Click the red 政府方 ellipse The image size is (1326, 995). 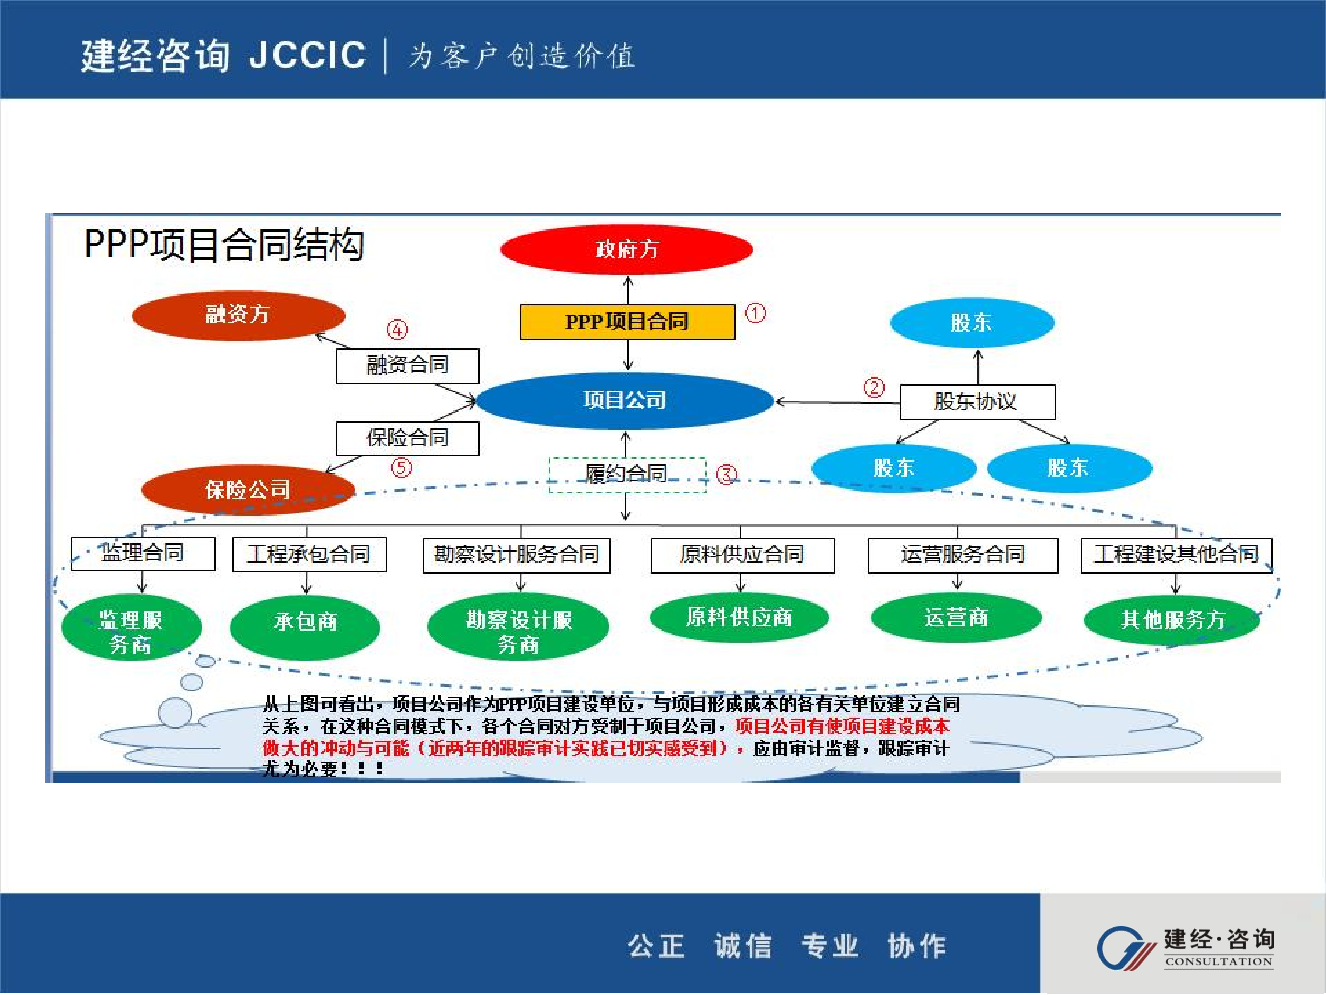pos(626,249)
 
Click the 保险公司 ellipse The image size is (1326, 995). pos(248,490)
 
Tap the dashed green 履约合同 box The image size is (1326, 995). pos(627,474)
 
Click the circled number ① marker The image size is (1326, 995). pos(755,313)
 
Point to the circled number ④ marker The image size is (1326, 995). pos(397,329)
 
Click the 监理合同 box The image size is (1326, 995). pos(143,553)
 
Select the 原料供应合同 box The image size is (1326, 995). pos(742,555)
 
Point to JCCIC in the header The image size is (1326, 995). pos(307,55)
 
